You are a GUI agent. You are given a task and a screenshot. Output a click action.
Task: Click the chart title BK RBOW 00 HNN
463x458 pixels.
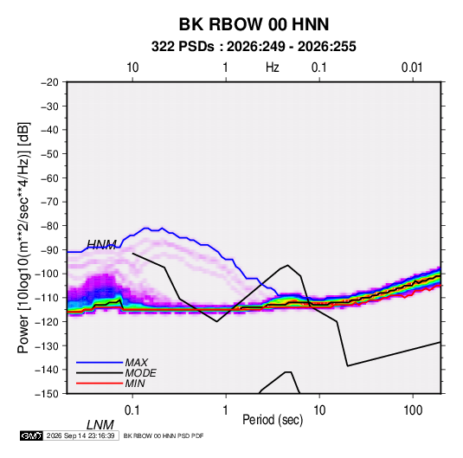point(254,24)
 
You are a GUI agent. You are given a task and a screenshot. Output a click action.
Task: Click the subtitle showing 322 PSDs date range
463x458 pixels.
point(254,47)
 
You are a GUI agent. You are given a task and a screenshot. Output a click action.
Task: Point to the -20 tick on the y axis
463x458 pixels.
point(49,82)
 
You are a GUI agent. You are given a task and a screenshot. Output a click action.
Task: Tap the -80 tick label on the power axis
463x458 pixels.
point(49,226)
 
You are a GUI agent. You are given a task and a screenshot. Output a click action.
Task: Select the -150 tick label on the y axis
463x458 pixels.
point(48,394)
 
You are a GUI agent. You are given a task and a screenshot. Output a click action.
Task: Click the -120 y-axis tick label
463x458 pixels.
point(48,322)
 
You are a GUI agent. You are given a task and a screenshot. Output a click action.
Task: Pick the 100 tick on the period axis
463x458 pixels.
point(413,410)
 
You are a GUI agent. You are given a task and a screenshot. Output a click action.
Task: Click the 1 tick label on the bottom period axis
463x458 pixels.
point(226,410)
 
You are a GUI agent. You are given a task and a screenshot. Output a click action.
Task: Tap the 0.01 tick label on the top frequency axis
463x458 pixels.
point(412,68)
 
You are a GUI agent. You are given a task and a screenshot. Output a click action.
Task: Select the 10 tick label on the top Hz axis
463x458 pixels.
point(132,68)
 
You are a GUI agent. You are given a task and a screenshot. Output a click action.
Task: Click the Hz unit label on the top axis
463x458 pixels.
point(273,68)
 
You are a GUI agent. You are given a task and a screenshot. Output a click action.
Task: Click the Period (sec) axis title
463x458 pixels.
point(273,420)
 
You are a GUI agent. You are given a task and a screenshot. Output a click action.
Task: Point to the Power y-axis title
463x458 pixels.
point(23,238)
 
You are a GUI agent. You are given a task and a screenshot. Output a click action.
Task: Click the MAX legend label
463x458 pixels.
point(136,363)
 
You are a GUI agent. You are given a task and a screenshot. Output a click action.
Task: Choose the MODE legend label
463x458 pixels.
point(140,373)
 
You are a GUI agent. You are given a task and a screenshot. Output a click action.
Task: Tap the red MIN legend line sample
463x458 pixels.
point(100,384)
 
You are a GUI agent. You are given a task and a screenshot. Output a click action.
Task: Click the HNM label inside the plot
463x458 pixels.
point(101,245)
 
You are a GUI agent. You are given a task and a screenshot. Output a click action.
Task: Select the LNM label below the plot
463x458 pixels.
point(100,425)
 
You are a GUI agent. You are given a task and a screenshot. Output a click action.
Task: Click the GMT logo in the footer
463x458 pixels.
point(32,435)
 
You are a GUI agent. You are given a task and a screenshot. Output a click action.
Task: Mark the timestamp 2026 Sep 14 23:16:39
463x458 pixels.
point(80,435)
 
